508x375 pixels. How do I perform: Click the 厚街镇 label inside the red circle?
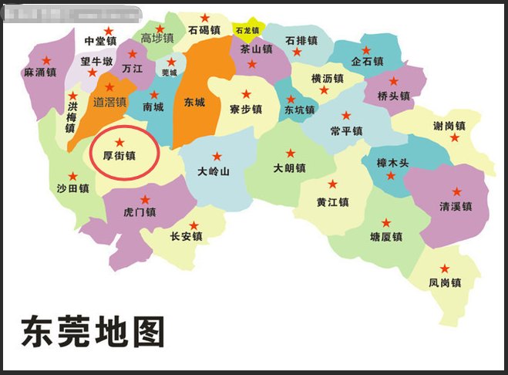119,155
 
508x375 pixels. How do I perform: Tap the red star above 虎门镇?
144,199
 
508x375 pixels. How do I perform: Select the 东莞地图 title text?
93,332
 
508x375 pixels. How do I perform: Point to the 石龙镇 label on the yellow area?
248,31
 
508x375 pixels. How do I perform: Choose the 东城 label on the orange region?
195,102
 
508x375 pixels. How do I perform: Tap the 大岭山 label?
214,171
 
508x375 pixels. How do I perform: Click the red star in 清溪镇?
456,191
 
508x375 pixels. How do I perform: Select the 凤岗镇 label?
445,283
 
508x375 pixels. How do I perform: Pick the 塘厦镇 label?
386,237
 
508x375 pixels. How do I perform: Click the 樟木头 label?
392,163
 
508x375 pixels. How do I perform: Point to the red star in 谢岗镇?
455,137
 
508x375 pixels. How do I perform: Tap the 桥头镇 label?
394,96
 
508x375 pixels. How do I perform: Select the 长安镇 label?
186,237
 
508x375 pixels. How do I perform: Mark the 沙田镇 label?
73,188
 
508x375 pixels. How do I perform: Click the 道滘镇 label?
109,101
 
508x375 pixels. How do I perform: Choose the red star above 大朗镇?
291,154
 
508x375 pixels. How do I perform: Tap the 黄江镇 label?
333,202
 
